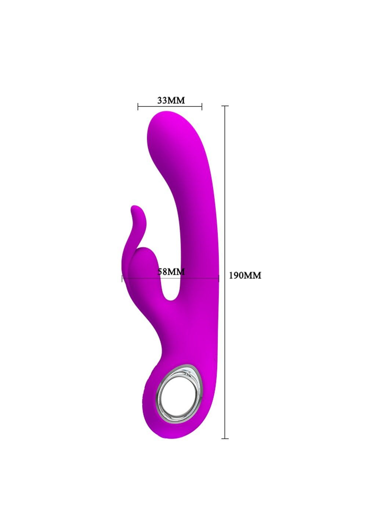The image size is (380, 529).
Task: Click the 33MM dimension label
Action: click(171, 100)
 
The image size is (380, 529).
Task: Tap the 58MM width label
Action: click(171, 271)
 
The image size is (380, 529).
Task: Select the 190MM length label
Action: click(245, 276)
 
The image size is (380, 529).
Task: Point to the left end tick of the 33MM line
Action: click(138, 107)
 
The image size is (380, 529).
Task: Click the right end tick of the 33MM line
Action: click(202, 107)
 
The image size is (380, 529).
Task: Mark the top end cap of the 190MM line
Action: click(225, 106)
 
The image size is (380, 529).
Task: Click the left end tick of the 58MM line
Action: click(122, 278)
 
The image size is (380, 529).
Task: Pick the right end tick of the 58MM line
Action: click(219, 278)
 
